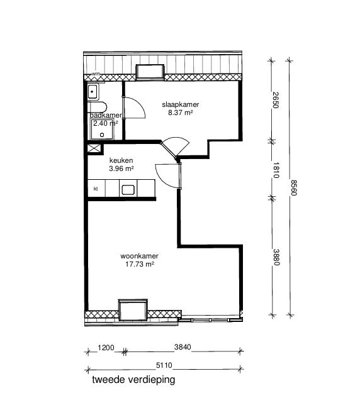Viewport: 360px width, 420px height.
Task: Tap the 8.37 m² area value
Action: (x=179, y=113)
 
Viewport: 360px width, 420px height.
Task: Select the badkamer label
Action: (x=105, y=116)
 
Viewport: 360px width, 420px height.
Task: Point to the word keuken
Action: (x=120, y=160)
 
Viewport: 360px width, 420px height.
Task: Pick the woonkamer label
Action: (x=139, y=257)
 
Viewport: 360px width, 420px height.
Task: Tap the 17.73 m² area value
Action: (x=140, y=265)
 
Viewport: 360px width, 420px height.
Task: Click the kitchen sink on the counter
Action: (x=129, y=189)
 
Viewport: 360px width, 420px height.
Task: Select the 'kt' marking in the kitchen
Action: (x=96, y=189)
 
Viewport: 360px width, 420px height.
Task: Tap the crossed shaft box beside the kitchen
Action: (x=94, y=149)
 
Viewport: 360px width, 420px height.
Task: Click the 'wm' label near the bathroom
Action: (x=96, y=74)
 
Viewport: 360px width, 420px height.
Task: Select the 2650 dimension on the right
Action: (x=276, y=100)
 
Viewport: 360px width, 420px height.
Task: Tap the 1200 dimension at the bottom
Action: (x=105, y=348)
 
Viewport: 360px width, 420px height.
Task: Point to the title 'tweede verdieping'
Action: (x=133, y=380)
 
